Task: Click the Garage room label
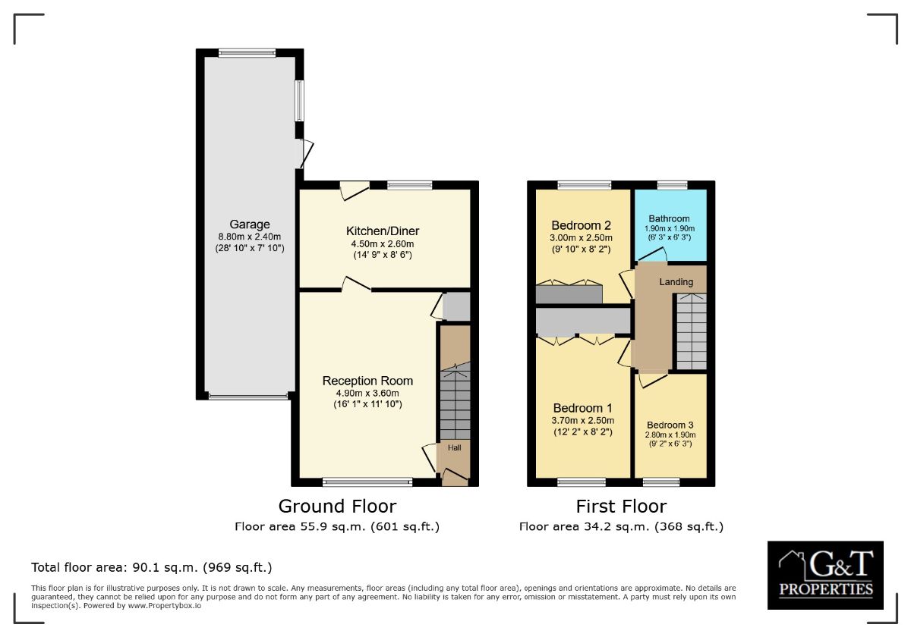point(250,224)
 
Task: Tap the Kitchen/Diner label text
point(383,231)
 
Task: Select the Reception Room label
point(367,381)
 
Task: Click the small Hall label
point(453,447)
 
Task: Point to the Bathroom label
point(669,218)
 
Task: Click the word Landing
point(676,282)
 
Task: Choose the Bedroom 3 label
point(670,425)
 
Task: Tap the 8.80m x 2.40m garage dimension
point(250,237)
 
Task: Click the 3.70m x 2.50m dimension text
point(583,420)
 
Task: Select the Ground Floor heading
point(337,506)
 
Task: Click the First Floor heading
point(621,506)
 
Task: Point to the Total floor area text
point(151,567)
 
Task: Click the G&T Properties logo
point(825,575)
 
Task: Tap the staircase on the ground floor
point(455,402)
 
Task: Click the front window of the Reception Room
point(367,482)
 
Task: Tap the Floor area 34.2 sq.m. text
point(621,526)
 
